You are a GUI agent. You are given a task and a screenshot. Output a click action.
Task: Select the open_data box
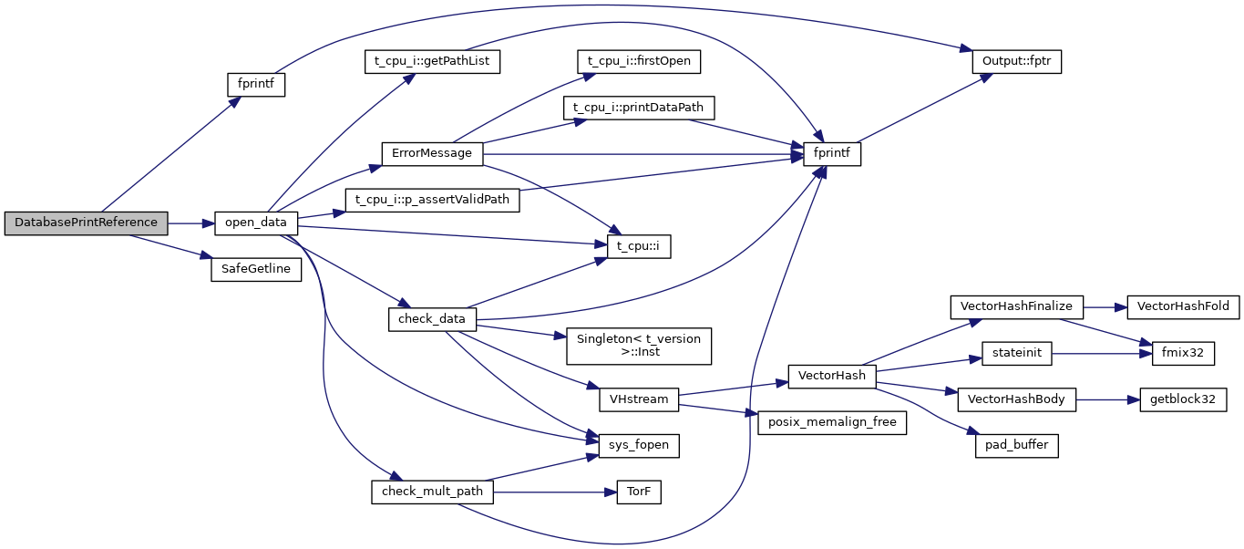[x=256, y=223]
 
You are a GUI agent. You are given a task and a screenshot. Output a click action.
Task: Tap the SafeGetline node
[x=255, y=271]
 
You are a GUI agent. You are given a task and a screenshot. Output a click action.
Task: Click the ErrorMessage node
[x=431, y=153]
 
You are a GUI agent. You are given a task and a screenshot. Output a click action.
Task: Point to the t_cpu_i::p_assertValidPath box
[x=432, y=200]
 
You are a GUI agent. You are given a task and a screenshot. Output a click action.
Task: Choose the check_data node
[x=432, y=319]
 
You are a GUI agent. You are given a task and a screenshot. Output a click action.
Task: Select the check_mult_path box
[x=432, y=492]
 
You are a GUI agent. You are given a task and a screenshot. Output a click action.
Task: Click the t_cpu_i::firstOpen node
[x=639, y=62]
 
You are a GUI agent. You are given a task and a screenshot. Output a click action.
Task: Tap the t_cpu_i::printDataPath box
[x=638, y=108]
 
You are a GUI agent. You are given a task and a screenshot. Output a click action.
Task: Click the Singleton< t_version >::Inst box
[x=638, y=346]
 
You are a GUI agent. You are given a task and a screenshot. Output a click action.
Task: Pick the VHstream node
[x=639, y=399]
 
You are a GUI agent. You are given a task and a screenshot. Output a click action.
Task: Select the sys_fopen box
[x=639, y=445]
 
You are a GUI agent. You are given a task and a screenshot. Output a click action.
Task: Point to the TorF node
[x=638, y=492]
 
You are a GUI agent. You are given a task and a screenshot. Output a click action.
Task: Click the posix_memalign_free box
[x=832, y=421]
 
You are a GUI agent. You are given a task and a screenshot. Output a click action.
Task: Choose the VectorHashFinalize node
[x=1016, y=307]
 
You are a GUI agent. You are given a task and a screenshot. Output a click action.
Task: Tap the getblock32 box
[x=1183, y=399]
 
